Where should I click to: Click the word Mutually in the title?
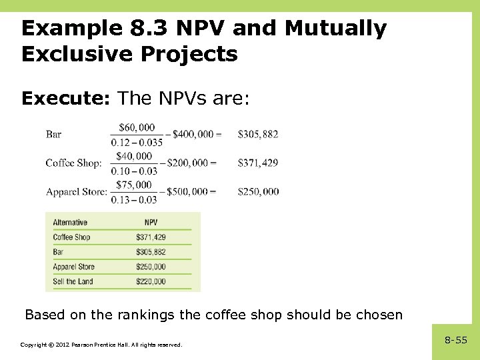pyautogui.click(x=335, y=29)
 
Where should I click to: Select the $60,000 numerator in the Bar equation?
pyautogui.click(x=137, y=127)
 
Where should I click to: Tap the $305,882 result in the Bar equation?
pyautogui.click(x=258, y=134)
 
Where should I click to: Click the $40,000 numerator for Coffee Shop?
pyautogui.click(x=133, y=156)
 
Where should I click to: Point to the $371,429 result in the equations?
pyautogui.click(x=258, y=163)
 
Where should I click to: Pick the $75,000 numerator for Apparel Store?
pyautogui.click(x=134, y=185)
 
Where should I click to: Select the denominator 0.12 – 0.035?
pyautogui.click(x=137, y=141)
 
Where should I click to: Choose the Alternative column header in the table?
pyautogui.click(x=70, y=223)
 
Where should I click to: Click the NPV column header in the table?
pyautogui.click(x=151, y=223)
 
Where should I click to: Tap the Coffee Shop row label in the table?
pyautogui.click(x=71, y=237)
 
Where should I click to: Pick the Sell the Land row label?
pyautogui.click(x=73, y=281)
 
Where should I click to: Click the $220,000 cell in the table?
pyautogui.click(x=151, y=281)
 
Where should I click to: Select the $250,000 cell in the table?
pyautogui.click(x=151, y=267)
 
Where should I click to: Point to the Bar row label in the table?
pyautogui.click(x=59, y=252)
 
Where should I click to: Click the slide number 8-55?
pyautogui.click(x=456, y=340)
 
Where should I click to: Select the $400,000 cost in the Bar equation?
pyautogui.click(x=193, y=134)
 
